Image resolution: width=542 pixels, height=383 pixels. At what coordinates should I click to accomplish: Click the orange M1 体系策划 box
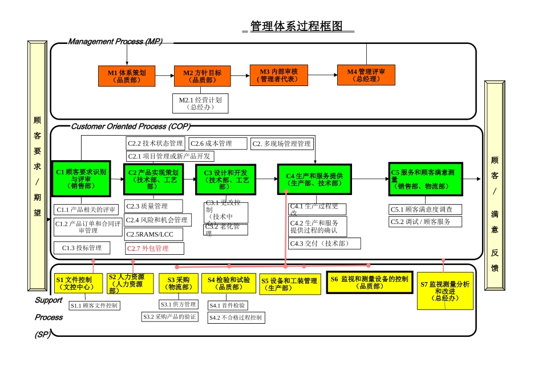click(127, 76)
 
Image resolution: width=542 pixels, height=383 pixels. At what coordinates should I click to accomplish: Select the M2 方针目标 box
click(198, 76)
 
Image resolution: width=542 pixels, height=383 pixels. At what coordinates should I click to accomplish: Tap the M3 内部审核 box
click(278, 75)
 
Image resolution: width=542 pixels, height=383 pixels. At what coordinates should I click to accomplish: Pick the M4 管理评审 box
click(366, 75)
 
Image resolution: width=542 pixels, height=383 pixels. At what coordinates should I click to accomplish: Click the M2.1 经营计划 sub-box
click(200, 103)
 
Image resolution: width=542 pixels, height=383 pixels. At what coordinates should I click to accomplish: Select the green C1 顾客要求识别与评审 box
click(80, 178)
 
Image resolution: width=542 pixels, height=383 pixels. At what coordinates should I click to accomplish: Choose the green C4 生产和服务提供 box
click(314, 180)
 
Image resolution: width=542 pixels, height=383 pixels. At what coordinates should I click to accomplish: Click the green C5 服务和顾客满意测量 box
click(425, 179)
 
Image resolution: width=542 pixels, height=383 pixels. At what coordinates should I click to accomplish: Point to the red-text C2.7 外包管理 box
click(155, 248)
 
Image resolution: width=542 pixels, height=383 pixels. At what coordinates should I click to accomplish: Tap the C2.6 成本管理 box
click(218, 144)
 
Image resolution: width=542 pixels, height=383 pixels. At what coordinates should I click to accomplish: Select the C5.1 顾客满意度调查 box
click(425, 210)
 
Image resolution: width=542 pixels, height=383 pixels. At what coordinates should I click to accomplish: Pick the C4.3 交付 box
click(325, 243)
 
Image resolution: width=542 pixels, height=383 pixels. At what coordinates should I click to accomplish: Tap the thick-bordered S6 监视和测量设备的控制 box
click(369, 282)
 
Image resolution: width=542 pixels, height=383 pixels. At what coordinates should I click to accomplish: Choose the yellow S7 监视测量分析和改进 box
click(444, 291)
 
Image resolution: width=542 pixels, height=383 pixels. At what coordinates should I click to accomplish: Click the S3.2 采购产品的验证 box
click(170, 316)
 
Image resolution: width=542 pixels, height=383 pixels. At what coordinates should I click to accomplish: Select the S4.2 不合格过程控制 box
click(236, 317)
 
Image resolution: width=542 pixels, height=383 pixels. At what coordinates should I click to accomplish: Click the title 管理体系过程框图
click(297, 27)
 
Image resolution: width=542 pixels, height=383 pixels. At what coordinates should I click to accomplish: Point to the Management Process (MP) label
click(115, 42)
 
